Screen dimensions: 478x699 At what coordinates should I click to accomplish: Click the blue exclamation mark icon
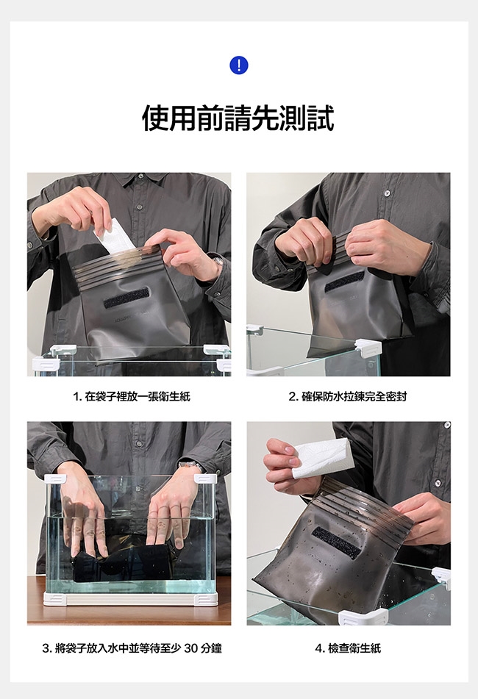(239, 65)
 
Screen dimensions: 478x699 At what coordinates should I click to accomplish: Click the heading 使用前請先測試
(238, 118)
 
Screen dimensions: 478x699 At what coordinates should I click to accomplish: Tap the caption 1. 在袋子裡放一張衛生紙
(132, 396)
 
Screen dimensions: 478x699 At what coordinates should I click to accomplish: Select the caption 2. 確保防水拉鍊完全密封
(348, 396)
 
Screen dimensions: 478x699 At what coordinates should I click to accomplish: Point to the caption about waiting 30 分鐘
(132, 648)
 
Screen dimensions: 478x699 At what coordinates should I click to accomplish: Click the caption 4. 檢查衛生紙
(349, 648)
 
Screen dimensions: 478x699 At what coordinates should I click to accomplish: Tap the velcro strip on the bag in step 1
(126, 298)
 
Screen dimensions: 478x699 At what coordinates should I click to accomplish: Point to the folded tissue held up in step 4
(322, 457)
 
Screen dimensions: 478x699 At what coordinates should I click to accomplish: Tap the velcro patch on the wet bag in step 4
(337, 542)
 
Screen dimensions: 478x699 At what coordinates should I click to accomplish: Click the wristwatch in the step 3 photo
(191, 465)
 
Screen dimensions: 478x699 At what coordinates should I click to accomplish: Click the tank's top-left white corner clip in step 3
(55, 479)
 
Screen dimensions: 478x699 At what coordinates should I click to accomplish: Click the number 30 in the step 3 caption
(191, 648)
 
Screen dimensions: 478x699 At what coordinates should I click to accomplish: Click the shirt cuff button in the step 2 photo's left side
(277, 268)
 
